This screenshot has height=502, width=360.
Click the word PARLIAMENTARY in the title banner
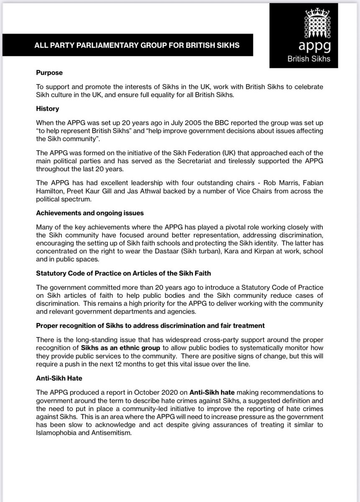(x=103, y=46)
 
